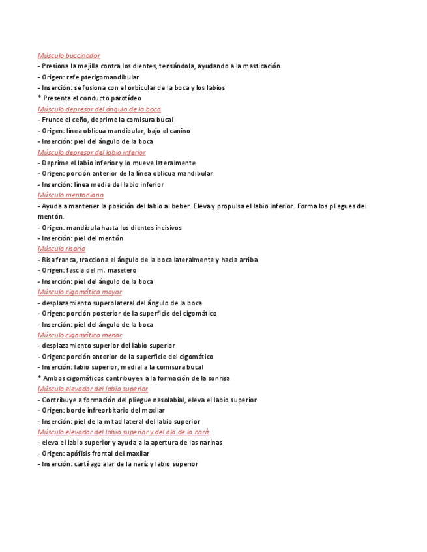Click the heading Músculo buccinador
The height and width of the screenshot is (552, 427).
point(68,56)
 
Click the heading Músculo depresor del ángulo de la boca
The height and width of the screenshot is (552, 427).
point(99,109)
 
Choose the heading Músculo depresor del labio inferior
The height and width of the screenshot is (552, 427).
point(91,152)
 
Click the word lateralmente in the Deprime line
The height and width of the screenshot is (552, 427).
point(172,163)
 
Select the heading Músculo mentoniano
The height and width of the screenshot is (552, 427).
point(70,195)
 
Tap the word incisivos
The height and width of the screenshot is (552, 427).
point(166,228)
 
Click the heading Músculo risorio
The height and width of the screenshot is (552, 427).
point(61,249)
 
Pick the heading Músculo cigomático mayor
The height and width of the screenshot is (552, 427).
point(80,292)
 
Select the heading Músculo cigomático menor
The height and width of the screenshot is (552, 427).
point(80,335)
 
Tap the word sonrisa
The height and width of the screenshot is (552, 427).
point(217,378)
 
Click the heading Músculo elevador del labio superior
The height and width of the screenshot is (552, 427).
point(93,389)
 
